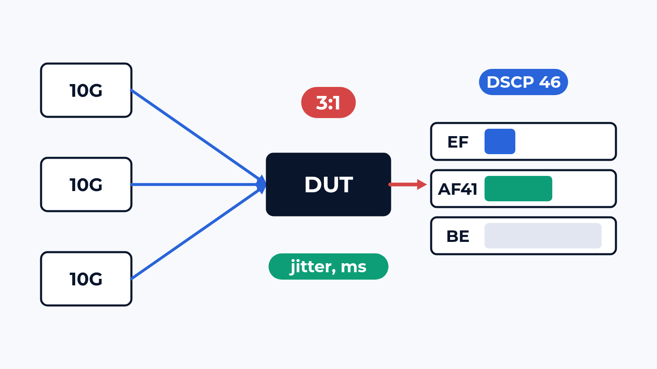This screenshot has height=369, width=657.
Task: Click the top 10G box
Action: point(86,90)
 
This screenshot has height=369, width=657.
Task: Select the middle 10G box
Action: point(86,184)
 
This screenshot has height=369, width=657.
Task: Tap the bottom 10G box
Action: point(86,279)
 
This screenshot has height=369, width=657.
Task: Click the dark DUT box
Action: point(328,184)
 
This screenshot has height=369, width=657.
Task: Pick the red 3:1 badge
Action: point(328,102)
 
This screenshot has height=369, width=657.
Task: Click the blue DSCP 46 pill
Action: point(524,82)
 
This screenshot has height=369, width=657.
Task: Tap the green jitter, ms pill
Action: point(328,266)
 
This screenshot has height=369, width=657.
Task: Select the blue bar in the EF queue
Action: point(500,141)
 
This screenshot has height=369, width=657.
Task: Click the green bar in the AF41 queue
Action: point(518,189)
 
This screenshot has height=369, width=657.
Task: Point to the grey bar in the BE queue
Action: point(543,236)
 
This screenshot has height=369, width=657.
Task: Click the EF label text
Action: point(457,142)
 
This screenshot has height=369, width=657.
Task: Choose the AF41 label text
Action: point(457,189)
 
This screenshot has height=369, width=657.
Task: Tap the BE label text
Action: point(457,236)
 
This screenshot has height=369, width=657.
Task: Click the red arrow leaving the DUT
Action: point(408,184)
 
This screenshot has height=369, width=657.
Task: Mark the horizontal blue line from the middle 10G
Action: point(198,184)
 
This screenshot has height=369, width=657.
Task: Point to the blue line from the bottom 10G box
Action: point(198,232)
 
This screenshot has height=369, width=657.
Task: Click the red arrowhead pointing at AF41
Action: point(422,184)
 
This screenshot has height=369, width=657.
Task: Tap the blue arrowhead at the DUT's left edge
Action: point(262,184)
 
